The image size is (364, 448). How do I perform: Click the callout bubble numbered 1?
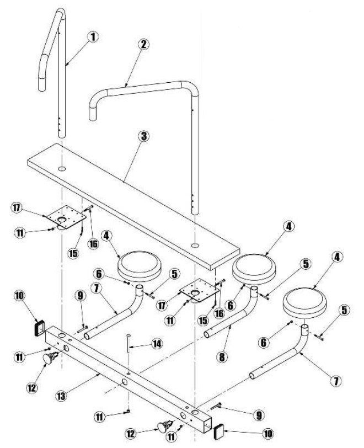point(93,37)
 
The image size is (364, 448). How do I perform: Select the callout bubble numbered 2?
point(143,44)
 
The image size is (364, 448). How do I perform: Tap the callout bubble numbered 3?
point(144,136)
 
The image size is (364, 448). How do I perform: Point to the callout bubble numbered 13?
point(61,396)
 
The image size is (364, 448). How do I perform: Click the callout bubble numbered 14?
point(157,343)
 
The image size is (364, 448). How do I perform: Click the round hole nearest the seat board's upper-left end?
point(62,169)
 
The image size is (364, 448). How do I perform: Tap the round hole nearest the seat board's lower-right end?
point(195,246)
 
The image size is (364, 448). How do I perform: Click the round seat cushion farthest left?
point(140,266)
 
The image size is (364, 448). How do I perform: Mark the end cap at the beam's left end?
point(39,327)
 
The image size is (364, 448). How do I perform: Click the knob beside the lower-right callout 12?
point(165,426)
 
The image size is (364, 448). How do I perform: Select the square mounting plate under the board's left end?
point(66,217)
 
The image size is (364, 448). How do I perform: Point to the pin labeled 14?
point(129,343)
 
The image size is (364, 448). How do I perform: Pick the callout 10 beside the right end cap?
point(267,434)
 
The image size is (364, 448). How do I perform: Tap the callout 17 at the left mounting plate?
point(17,207)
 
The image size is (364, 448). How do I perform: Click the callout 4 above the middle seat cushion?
point(288,226)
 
